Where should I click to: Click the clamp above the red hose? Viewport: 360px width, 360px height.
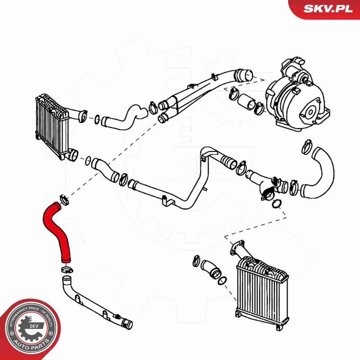(64, 197)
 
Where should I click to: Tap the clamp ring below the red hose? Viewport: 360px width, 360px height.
(66, 270)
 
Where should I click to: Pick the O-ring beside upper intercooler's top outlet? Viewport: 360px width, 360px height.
(97, 119)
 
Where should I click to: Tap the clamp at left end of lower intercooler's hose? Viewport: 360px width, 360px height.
(197, 260)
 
